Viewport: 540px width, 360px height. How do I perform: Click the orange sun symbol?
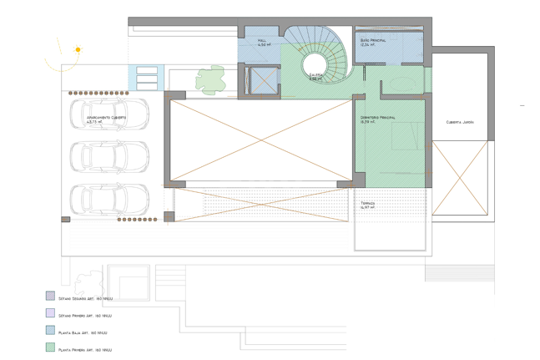(78, 50)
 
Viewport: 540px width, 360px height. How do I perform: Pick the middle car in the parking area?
(109, 155)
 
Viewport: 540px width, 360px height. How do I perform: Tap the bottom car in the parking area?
(109, 198)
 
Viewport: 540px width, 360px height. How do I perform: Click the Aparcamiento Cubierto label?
(106, 118)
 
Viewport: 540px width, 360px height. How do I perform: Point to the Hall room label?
(262, 41)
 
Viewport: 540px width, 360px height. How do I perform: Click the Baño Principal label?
(373, 40)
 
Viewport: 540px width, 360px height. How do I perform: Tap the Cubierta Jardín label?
(460, 122)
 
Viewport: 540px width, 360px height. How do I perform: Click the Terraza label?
(368, 203)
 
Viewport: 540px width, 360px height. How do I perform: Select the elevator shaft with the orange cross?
(260, 80)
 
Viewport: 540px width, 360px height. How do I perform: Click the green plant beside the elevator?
(210, 79)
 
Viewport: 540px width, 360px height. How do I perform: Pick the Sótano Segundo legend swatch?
(50, 297)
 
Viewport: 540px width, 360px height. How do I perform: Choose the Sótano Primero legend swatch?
(50, 314)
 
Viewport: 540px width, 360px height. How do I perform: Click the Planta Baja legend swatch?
(50, 332)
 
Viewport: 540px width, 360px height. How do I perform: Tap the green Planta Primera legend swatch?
(50, 348)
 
